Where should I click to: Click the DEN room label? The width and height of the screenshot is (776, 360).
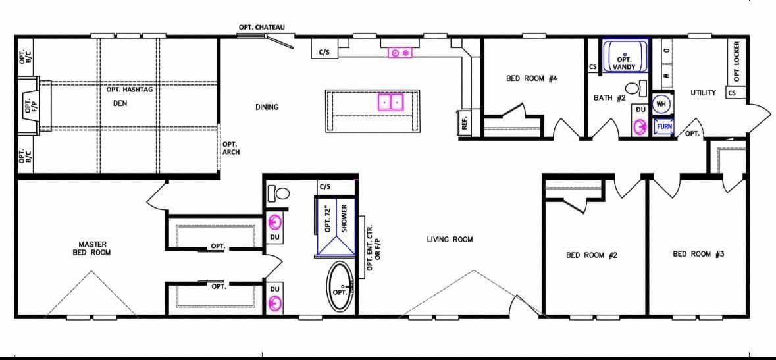(120, 103)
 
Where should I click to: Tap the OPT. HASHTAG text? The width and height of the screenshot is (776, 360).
(130, 90)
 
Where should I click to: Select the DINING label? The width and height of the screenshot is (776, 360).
(267, 107)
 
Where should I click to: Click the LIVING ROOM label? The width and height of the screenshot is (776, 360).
(450, 240)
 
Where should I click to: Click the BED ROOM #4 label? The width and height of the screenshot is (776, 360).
(532, 78)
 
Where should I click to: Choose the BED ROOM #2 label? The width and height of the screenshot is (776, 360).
(592, 255)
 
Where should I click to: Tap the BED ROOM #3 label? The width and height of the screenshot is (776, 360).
(699, 255)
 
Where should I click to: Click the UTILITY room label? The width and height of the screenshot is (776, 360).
(703, 93)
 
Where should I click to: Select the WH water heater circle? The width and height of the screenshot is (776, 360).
(661, 104)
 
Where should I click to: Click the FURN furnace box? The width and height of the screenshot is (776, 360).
(664, 126)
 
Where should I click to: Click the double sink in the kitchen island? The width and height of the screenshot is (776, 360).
(392, 102)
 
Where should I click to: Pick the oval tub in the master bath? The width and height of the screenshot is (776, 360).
(340, 287)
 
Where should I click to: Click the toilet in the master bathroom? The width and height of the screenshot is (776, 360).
(278, 193)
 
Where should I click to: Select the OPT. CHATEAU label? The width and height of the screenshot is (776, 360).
(262, 27)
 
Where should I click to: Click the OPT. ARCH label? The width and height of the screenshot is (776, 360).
(231, 149)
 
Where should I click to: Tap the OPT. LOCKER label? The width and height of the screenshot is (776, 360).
(737, 61)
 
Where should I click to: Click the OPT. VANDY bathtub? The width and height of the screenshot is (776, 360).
(625, 57)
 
